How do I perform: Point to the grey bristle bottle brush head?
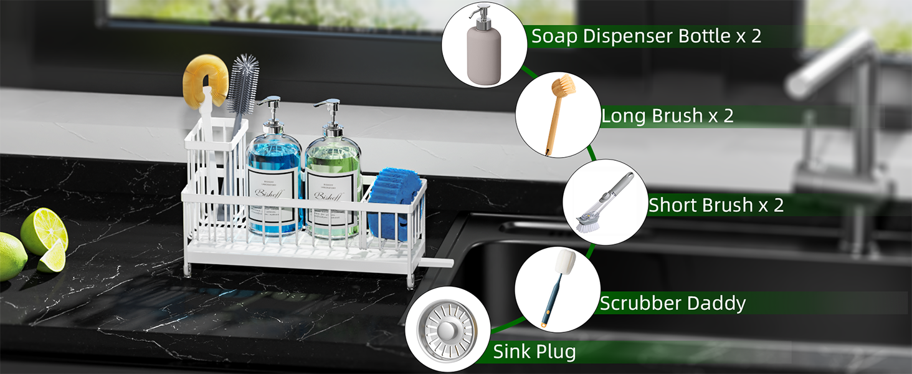242,84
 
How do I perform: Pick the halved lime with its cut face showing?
44,231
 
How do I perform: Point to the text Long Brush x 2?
667,116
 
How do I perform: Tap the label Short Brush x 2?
716,205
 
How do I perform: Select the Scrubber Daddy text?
673,304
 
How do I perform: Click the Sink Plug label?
534,352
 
